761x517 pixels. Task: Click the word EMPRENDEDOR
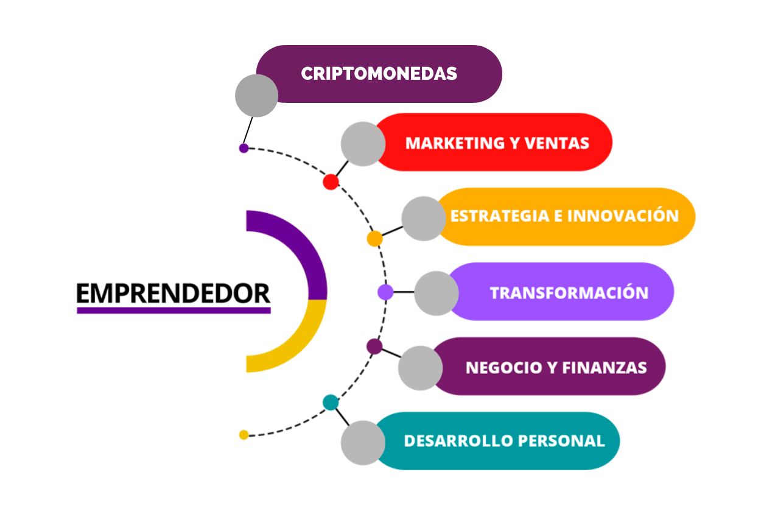tap(174, 293)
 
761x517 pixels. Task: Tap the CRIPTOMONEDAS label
tap(379, 74)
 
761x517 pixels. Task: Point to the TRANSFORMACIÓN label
tap(569, 293)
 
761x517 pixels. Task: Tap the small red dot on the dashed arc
tap(331, 181)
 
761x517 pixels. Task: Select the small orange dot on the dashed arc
tap(374, 238)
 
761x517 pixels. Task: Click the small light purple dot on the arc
tap(385, 292)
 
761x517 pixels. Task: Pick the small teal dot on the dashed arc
tap(331, 402)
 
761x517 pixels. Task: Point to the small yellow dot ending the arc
tap(244, 435)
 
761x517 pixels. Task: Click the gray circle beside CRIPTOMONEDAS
tap(256, 96)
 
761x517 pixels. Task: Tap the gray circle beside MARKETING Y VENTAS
tap(363, 144)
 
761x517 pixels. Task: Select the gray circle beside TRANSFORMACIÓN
tap(436, 293)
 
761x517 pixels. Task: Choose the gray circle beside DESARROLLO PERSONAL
tap(363, 443)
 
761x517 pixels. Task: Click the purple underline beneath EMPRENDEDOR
tap(174, 310)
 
